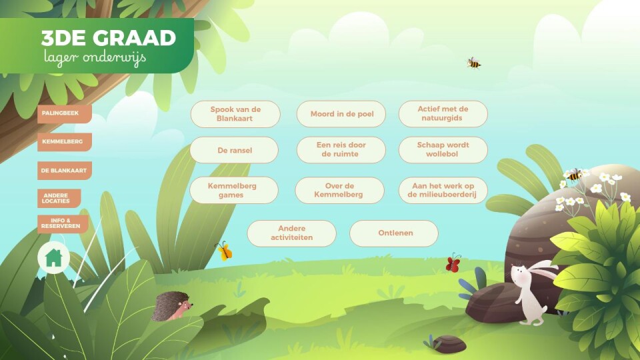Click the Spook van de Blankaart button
click(x=235, y=114)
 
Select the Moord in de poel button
click(x=341, y=114)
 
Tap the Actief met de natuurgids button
click(x=443, y=114)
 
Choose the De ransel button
click(x=234, y=150)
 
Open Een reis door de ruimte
click(x=341, y=150)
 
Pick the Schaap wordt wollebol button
click(x=443, y=150)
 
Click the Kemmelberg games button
click(x=234, y=190)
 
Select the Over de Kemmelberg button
click(x=339, y=190)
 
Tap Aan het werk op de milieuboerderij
click(x=443, y=190)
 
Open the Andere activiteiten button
click(x=292, y=233)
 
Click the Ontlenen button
click(x=394, y=233)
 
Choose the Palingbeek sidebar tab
click(x=65, y=114)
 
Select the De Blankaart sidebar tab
click(x=65, y=171)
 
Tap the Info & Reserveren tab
click(x=63, y=224)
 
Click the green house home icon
click(x=53, y=258)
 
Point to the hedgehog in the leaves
click(x=171, y=306)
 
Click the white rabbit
click(x=531, y=291)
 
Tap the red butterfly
click(x=453, y=263)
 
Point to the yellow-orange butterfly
click(x=224, y=251)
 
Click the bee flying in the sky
click(x=473, y=63)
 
